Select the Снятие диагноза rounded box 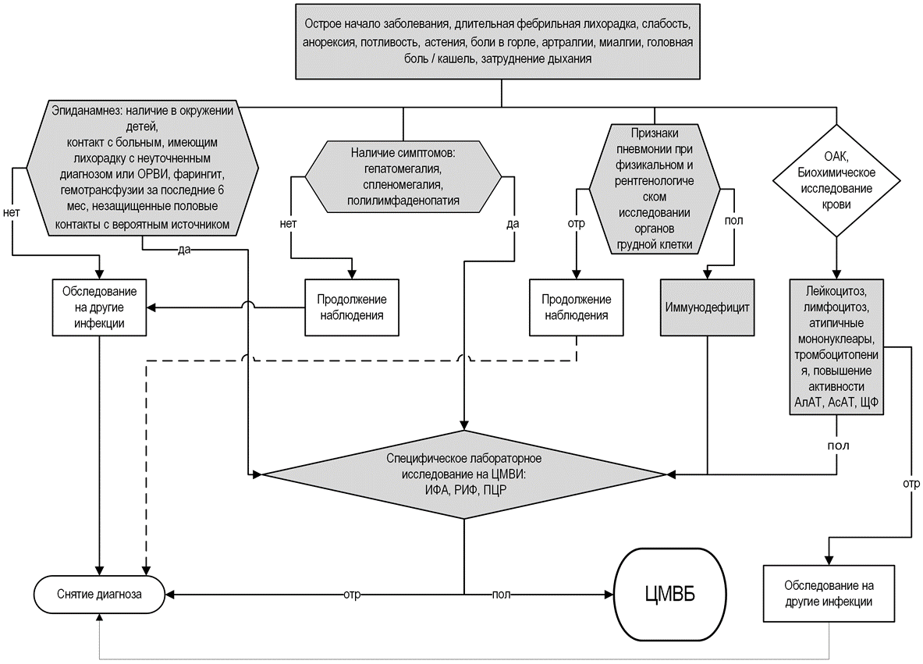pyautogui.click(x=99, y=594)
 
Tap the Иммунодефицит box pyautogui.click(x=707, y=307)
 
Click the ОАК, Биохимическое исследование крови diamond pyautogui.click(x=836, y=186)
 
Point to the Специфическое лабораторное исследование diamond pyautogui.click(x=466, y=474)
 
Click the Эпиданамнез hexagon pyautogui.click(x=143, y=168)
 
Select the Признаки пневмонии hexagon pyautogui.click(x=655, y=187)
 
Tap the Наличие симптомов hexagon pyautogui.click(x=403, y=177)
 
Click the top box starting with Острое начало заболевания pyautogui.click(x=500, y=40)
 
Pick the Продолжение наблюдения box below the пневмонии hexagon pyautogui.click(x=576, y=308)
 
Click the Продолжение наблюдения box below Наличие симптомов pyautogui.click(x=352, y=308)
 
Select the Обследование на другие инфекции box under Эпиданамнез pyautogui.click(x=99, y=308)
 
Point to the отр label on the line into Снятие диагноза pyautogui.click(x=352, y=595)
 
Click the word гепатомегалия pyautogui.click(x=403, y=169)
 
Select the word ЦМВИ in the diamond pyautogui.click(x=509, y=474)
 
